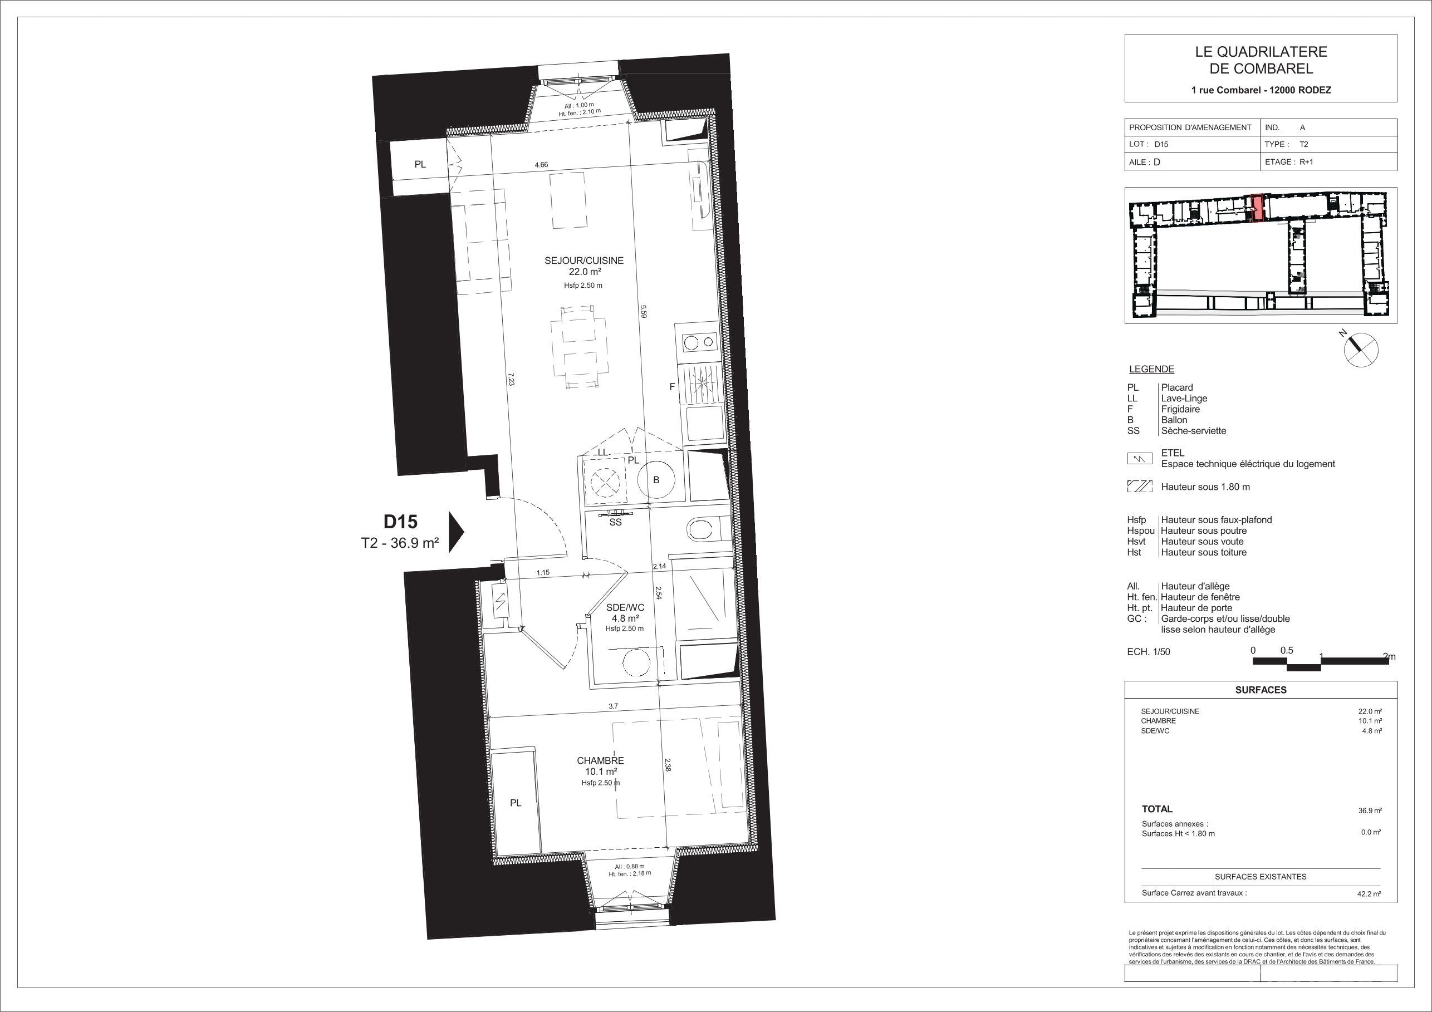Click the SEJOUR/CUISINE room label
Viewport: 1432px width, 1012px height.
click(x=584, y=261)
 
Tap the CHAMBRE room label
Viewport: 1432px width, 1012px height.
click(x=600, y=761)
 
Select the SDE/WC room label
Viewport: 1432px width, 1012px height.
click(x=625, y=607)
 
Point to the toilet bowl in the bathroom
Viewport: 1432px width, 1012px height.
click(x=702, y=530)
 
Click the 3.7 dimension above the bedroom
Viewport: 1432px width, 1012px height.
click(x=613, y=706)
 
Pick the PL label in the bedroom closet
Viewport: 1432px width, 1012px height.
click(x=515, y=803)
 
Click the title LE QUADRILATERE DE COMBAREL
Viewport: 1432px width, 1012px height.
click(x=1261, y=61)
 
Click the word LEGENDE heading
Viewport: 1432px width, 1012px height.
click(x=1151, y=369)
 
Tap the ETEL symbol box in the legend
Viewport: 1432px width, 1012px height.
click(x=1140, y=459)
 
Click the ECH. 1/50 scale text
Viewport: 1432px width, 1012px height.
click(x=1149, y=652)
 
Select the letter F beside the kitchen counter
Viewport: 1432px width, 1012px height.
click(x=673, y=387)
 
